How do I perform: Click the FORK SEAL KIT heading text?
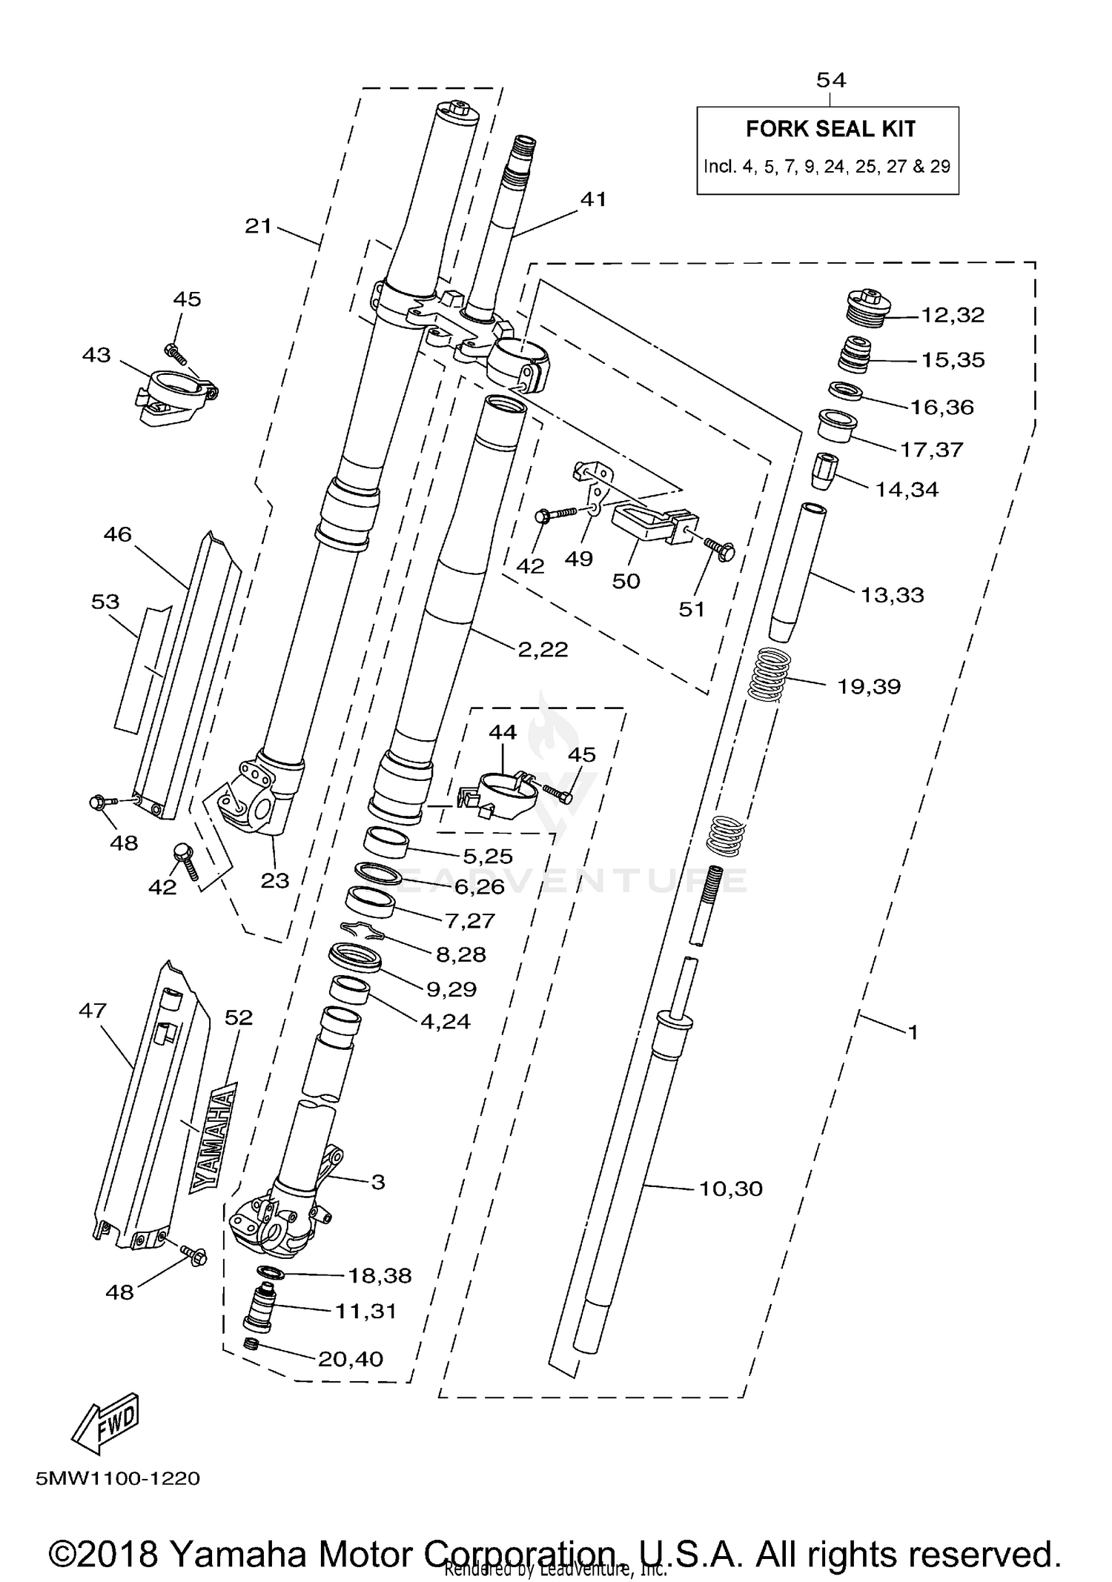830,129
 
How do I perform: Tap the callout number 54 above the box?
830,80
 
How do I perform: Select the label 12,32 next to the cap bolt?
952,315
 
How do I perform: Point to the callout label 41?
593,199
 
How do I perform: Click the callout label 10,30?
730,1189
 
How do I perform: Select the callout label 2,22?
543,649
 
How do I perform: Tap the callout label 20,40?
350,1359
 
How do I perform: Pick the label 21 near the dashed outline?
259,225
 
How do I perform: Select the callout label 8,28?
460,954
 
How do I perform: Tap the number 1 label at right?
913,1031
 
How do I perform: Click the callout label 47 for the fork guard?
93,1010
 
